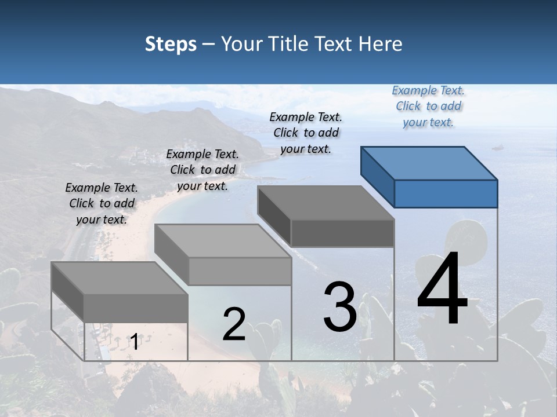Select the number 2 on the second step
(234, 324)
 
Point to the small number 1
(134, 342)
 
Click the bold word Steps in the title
(171, 44)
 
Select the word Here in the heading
(381, 44)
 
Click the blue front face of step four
(446, 193)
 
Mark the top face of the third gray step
(326, 203)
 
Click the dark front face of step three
(342, 233)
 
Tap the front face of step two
(240, 271)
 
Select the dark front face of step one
(136, 308)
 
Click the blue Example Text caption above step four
(428, 107)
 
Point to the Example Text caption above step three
(306, 133)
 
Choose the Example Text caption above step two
(202, 170)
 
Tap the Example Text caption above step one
(102, 203)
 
